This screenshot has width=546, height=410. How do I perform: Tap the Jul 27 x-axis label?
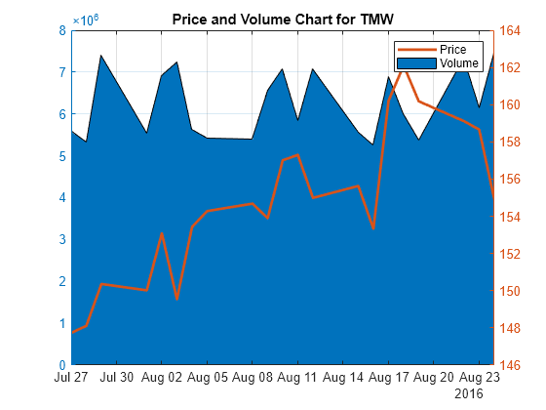[72, 376]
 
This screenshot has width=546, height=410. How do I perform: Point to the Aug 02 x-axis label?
[162, 376]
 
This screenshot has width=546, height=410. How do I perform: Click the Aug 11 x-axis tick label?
[297, 376]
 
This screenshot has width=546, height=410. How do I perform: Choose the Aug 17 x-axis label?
[388, 376]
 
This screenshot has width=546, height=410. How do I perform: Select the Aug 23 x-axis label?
[478, 376]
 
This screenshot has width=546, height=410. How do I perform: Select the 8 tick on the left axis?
[61, 30]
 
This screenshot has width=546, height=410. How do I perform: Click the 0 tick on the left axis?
[61, 365]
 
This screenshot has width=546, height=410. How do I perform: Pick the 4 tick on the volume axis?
[61, 198]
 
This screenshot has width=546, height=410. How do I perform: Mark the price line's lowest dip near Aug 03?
[176, 299]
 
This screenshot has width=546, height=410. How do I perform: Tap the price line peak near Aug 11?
[297, 154]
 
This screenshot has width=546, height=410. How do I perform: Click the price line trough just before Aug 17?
[373, 228]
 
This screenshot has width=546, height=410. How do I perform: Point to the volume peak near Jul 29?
[101, 56]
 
